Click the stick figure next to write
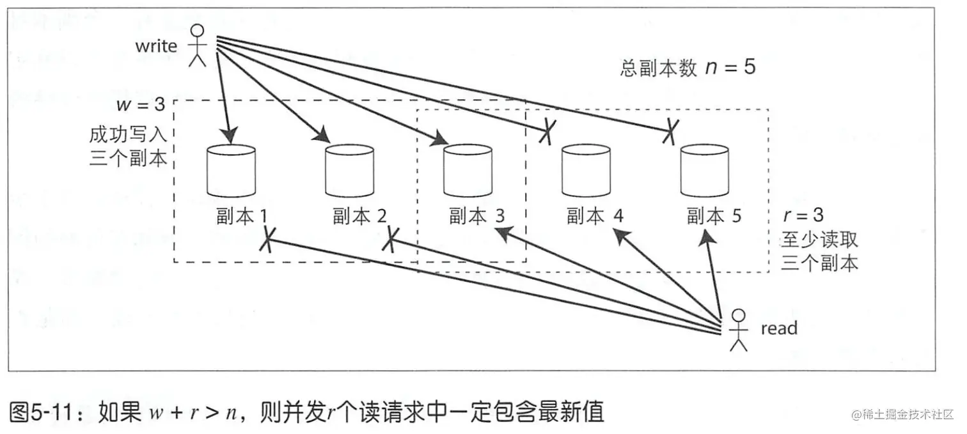pos(198,45)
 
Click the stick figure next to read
pos(739,330)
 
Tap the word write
pos(156,46)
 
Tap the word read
pos(778,329)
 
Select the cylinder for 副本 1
pos(231,171)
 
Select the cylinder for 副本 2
pos(349,171)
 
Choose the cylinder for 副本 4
pos(586,171)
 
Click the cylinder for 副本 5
pos(704,171)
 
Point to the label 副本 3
pos(476,216)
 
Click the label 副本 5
pos(714,216)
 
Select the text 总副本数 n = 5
pos(688,68)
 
